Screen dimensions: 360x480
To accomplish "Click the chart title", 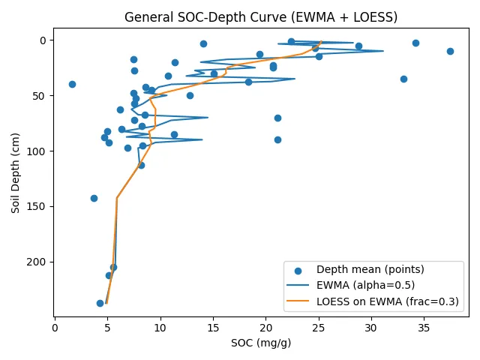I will pos(261,17).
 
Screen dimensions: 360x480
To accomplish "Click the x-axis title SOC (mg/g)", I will pos(261,343).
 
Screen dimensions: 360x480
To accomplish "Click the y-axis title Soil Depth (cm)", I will pos(15,172).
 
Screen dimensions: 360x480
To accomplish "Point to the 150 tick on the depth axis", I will pos(38,206).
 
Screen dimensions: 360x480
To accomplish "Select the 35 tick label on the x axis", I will pos(424,327).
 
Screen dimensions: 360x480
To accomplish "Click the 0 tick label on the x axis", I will pos(55,327).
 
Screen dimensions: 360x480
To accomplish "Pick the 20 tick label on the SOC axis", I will pos(265,327).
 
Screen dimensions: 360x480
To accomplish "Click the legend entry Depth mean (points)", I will pos(370,269).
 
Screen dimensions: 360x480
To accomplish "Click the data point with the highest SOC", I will pos(450,51).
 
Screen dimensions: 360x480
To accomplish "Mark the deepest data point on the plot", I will pos(100,303).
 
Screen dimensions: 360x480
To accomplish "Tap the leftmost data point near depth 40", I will pos(72,84).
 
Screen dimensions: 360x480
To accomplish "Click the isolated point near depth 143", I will pos(94,198).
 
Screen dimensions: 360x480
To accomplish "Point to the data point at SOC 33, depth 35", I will pos(403,79).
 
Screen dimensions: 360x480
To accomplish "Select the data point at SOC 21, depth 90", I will pos(277,139).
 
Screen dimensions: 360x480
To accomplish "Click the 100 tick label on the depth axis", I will pos(38,151).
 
